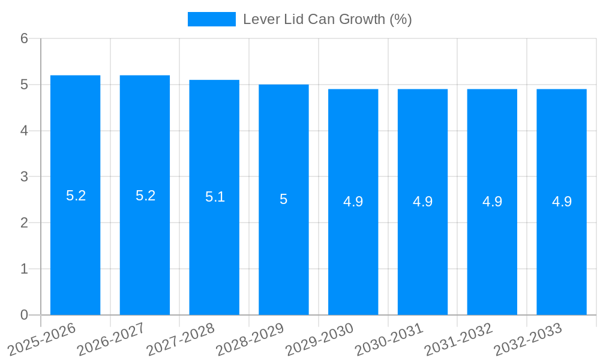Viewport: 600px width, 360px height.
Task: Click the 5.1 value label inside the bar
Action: (x=215, y=197)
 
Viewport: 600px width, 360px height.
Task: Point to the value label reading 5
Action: (x=284, y=199)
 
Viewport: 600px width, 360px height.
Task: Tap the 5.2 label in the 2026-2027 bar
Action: (x=145, y=196)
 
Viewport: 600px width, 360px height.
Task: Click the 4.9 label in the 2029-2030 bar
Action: (x=353, y=202)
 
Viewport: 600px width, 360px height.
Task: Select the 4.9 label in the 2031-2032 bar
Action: (x=492, y=202)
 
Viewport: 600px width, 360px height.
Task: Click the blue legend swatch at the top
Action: (x=211, y=19)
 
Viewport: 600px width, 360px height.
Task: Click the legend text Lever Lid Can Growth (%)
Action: (x=327, y=19)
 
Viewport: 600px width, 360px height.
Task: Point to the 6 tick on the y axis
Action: (x=25, y=38)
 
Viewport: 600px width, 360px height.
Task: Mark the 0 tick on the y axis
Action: (x=25, y=315)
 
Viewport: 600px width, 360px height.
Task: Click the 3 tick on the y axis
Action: (x=25, y=177)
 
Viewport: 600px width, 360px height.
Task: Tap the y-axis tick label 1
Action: (x=25, y=269)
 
